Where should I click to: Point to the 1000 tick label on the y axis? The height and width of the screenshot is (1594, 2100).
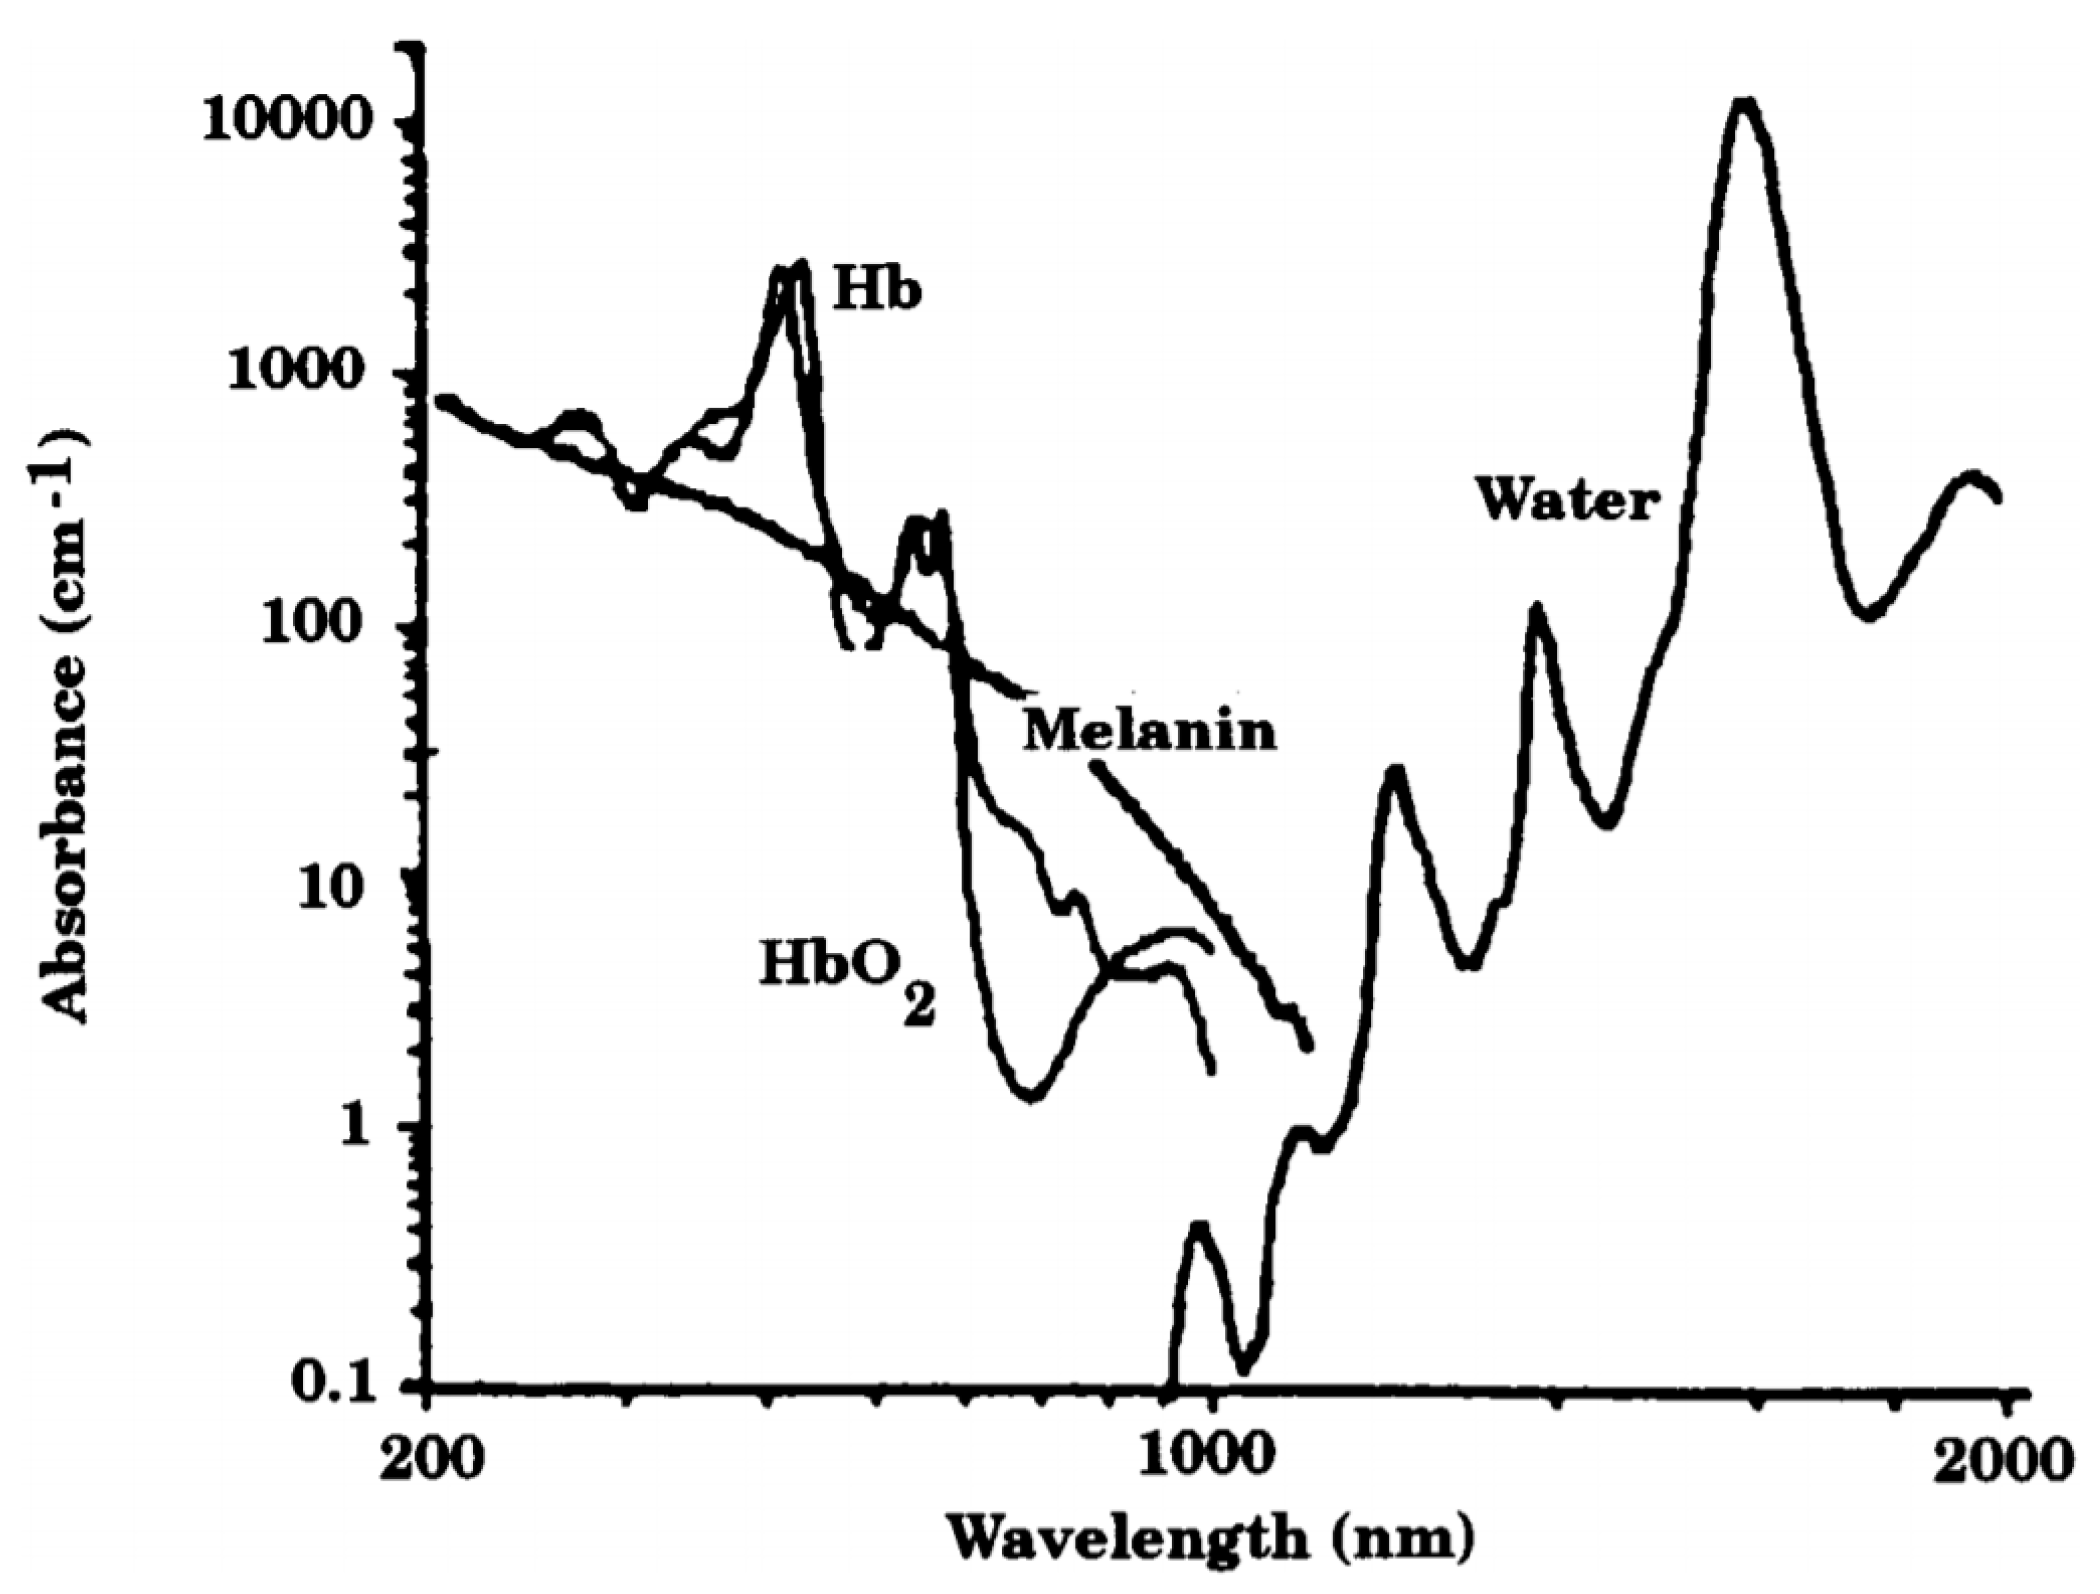tap(314, 374)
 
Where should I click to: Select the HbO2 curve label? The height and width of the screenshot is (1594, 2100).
tap(847, 974)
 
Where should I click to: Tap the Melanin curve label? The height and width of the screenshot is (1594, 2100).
tap(1150, 732)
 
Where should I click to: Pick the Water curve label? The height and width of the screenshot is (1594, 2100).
tap(1568, 500)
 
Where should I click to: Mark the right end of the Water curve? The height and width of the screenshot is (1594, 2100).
tap(1996, 496)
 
